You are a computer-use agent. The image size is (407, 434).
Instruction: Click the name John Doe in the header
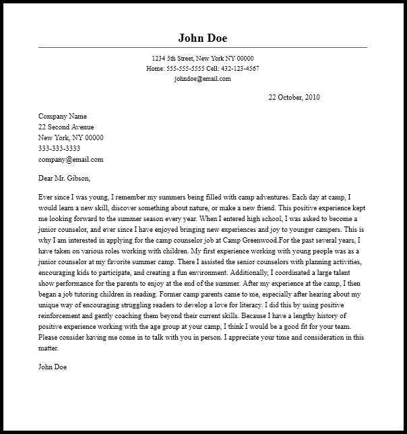click(202, 37)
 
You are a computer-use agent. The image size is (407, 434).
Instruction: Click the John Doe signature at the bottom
click(53, 367)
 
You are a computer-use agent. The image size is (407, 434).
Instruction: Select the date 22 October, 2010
click(294, 98)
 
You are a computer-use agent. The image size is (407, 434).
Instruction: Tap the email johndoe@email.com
click(202, 78)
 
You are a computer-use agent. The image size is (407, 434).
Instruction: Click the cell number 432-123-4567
click(239, 69)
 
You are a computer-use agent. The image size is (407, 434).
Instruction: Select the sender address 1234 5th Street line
click(202, 59)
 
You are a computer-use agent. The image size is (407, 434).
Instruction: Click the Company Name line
click(63, 116)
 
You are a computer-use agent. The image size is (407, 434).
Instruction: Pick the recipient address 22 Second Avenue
click(66, 127)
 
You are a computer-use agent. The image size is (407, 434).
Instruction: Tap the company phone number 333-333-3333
click(59, 148)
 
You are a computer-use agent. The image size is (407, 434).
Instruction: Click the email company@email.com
click(71, 160)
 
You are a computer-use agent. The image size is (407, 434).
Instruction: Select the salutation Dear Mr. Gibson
click(64, 179)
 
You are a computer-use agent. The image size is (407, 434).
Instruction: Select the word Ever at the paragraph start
click(46, 197)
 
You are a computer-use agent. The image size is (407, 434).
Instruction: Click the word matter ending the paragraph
click(49, 348)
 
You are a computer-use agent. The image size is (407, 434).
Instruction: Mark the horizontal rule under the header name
click(202, 47)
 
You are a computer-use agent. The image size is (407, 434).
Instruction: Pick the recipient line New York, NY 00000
click(71, 137)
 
